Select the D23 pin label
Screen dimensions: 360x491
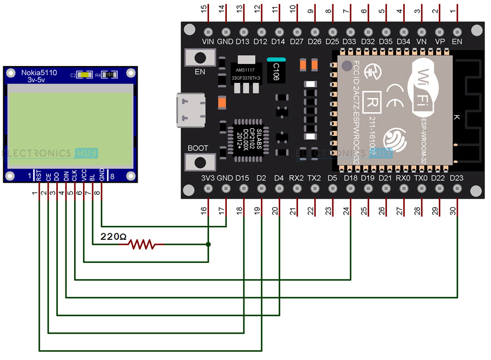click(x=457, y=177)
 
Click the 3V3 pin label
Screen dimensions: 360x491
click(x=207, y=177)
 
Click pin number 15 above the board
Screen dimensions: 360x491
click(x=205, y=9)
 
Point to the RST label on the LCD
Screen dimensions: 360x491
click(x=39, y=175)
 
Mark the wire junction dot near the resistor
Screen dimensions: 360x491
click(x=208, y=245)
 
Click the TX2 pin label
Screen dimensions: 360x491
click(x=314, y=177)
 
